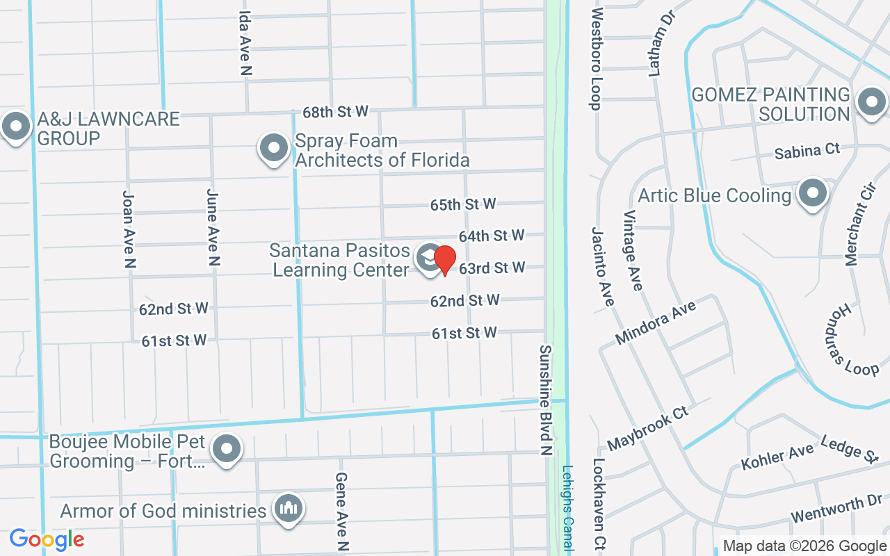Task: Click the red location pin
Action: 445,260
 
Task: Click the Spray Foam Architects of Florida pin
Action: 274,148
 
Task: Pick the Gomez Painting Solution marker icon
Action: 871,103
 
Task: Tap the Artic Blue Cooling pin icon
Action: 811,194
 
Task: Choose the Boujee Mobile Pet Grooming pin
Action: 226,449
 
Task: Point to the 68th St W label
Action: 335,111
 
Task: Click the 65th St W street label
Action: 463,204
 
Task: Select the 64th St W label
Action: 492,236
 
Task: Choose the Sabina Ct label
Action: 807,150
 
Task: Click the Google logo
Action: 47,539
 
